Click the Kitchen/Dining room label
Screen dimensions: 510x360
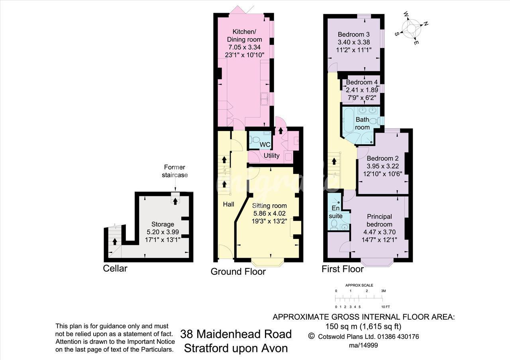point(244,35)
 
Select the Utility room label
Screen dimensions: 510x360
point(271,156)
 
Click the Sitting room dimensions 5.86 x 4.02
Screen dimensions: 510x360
point(269,213)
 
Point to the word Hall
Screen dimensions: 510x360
point(228,204)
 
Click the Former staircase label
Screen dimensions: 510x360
point(175,171)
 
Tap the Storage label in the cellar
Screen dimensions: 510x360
point(163,224)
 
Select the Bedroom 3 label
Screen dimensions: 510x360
point(353,34)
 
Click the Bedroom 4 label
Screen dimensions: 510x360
point(362,82)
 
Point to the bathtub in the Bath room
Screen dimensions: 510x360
point(348,121)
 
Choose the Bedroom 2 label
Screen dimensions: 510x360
point(383,158)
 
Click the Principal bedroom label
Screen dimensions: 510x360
point(379,220)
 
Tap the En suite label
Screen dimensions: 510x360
point(335,212)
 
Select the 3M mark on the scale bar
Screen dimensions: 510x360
point(383,291)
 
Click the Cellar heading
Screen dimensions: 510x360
point(115,268)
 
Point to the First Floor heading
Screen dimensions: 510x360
point(343,269)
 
